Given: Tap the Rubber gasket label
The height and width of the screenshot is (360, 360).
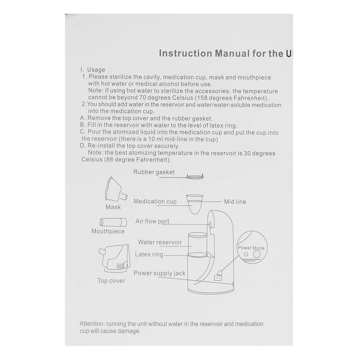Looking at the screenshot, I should click(x=154, y=172).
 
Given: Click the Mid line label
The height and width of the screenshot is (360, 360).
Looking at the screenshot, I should click(x=235, y=202).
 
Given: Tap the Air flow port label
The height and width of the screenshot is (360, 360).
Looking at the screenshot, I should click(x=152, y=221).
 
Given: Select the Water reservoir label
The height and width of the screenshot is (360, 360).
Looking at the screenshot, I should click(x=160, y=242).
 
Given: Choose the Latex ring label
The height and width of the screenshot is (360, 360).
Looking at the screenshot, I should click(x=149, y=254).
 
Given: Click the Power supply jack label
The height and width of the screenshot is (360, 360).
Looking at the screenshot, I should click(x=159, y=274).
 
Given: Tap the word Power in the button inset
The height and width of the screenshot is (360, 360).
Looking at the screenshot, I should click(x=244, y=248).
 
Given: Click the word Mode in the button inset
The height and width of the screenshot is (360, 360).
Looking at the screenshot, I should click(x=258, y=248).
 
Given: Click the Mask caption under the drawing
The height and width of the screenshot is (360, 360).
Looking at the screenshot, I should click(x=113, y=207).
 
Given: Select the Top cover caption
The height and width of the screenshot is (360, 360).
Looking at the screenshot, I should click(x=111, y=281).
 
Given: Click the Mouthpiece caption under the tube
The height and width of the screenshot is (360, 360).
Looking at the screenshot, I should click(x=108, y=232).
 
